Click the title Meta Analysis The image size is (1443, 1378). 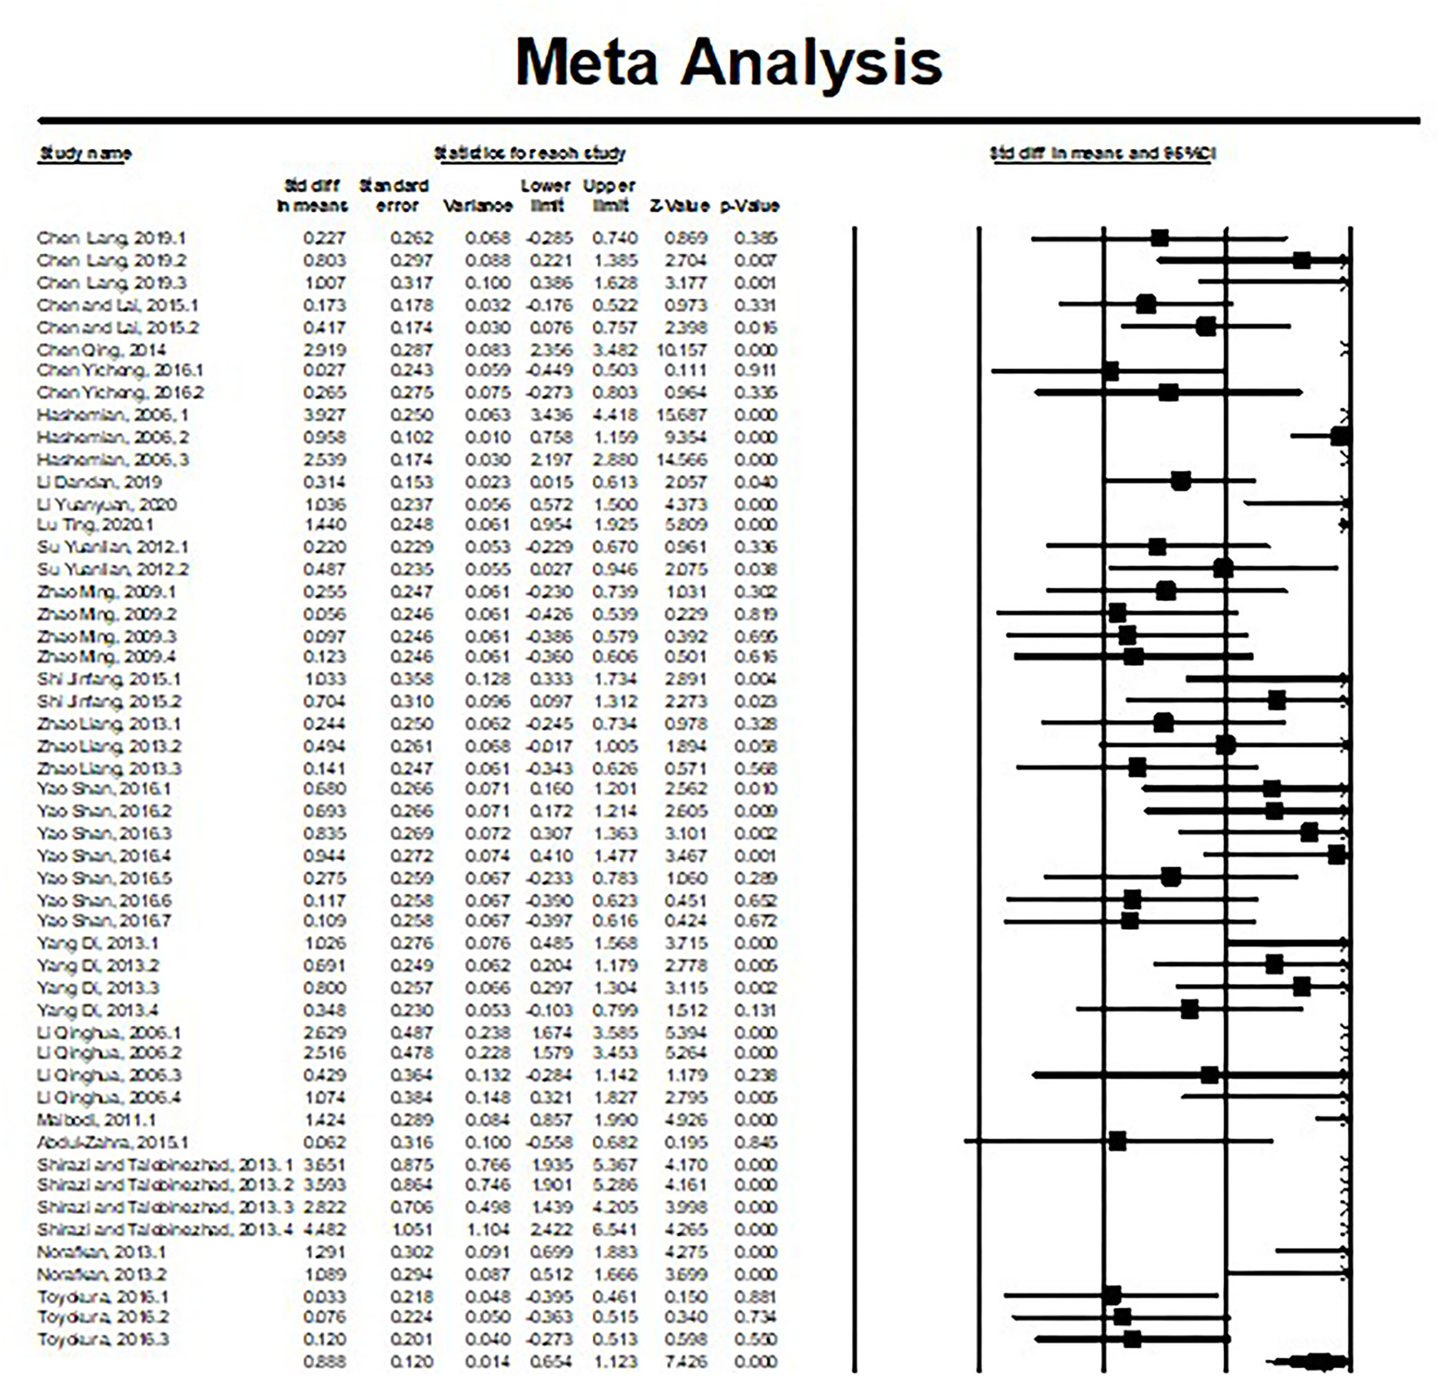(x=729, y=63)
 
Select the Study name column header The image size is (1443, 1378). (x=86, y=153)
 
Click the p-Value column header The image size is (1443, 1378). (x=749, y=206)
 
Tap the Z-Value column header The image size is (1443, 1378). (x=679, y=206)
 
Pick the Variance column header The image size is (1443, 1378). (x=477, y=206)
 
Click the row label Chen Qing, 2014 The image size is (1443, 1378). (x=101, y=350)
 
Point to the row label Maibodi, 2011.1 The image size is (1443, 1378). (x=96, y=1120)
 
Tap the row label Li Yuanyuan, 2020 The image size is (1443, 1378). (x=107, y=505)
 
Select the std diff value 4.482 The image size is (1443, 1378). (x=325, y=1230)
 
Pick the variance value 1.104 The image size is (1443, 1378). (x=489, y=1230)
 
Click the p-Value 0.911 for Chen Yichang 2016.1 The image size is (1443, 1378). (x=755, y=371)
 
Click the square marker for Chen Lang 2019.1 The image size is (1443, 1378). (x=1160, y=238)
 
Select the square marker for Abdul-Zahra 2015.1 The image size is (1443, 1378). (x=1117, y=1142)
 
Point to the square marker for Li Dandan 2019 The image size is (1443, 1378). (x=1181, y=481)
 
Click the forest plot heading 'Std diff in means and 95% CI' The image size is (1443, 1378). (x=1103, y=153)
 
